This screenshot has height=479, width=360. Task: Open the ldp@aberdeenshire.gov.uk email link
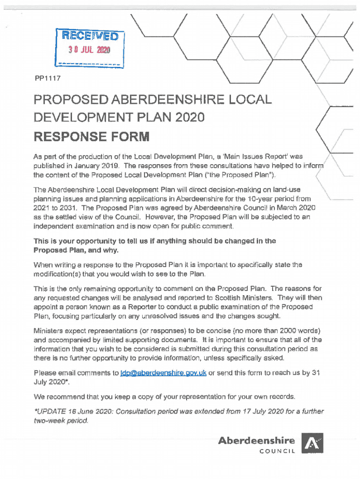point(163,373)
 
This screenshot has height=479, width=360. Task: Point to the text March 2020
point(294,208)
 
